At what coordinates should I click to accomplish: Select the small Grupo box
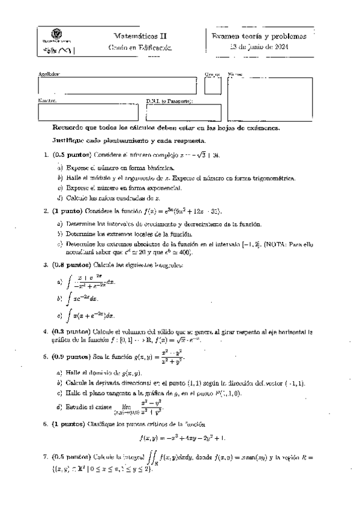pyautogui.click(x=213, y=86)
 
